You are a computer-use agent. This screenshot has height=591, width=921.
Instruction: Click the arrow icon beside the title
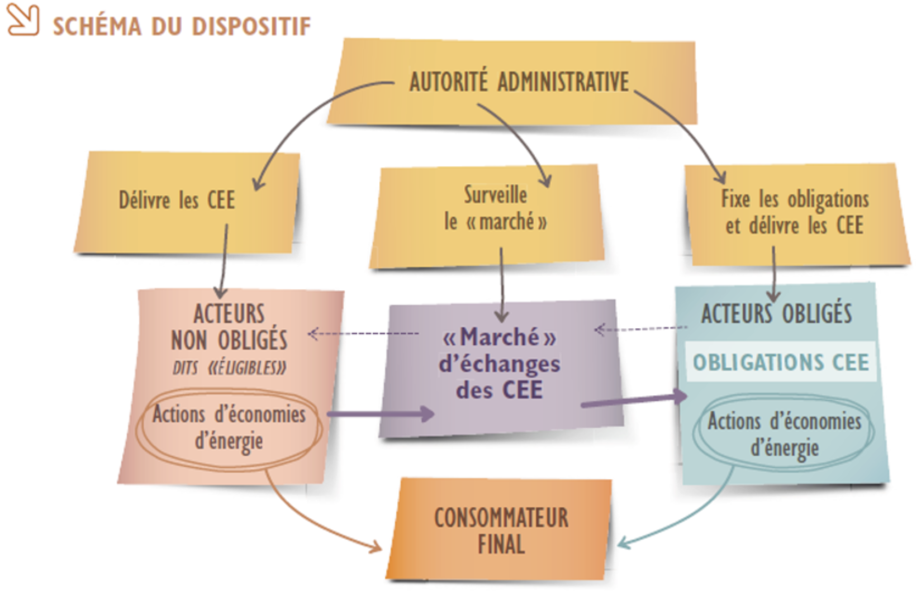point(22,20)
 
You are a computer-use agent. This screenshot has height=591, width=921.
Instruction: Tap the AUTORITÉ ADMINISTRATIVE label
point(519,82)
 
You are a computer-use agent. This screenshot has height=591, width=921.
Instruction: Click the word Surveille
point(495,195)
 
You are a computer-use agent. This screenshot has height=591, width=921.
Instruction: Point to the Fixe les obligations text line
point(794,199)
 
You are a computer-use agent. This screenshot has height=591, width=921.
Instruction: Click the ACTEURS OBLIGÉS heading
point(776,313)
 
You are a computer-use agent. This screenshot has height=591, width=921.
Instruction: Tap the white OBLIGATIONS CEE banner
point(780,363)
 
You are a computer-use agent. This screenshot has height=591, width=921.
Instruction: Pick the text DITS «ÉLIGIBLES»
point(230,368)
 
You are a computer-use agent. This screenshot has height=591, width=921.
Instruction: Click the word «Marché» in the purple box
point(499,337)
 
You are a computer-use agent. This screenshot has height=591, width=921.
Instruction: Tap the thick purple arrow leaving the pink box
point(380,414)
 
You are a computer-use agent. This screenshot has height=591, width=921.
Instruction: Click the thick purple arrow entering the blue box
point(634,400)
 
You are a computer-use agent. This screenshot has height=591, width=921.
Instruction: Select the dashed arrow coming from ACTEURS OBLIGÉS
point(640,329)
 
